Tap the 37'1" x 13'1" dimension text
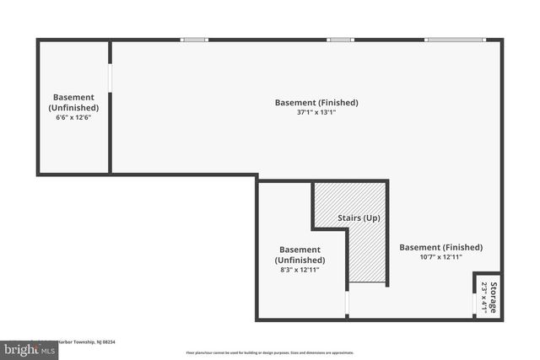tap(316, 114)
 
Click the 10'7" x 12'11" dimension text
tap(440, 258)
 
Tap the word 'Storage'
tap(493, 297)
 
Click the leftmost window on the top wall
tap(195, 39)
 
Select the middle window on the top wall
tap(340, 39)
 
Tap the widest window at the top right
tap(455, 39)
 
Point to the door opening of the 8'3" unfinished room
tap(347, 304)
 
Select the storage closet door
tap(473, 296)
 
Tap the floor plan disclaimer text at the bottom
tap(270, 352)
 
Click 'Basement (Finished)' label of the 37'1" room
tap(316, 103)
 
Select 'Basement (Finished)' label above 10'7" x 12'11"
tap(440, 247)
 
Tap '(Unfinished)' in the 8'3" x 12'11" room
tap(300, 260)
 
